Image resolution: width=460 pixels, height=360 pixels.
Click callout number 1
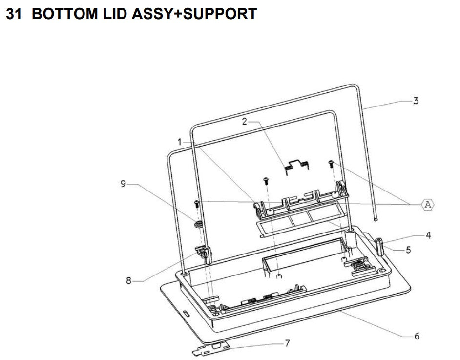pos(180,142)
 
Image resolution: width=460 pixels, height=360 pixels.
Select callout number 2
pos(245,122)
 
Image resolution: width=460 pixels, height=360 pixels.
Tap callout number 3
pos(416,101)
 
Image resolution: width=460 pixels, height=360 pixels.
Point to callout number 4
pos(428,235)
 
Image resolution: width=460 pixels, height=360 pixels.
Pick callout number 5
pos(408,250)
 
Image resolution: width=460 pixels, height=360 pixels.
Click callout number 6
pos(417,336)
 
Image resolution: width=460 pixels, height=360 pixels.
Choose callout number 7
pos(287,343)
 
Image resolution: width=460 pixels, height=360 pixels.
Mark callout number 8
pos(128,281)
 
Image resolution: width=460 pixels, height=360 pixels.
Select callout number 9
pos(123,184)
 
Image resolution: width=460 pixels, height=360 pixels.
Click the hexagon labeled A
pos(428,204)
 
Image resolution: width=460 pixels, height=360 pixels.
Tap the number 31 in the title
pos(14,14)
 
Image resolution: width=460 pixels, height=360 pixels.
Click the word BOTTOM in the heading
pos(64,14)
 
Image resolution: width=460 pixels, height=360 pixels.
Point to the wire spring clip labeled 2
pos(297,167)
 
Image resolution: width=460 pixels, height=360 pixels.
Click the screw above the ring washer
pos(196,203)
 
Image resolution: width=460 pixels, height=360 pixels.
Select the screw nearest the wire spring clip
pos(331,164)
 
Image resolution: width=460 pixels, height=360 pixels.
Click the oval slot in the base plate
pos(186,313)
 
